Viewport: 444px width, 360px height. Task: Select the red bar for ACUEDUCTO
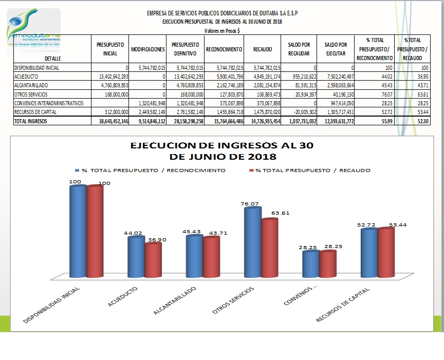click(153, 259)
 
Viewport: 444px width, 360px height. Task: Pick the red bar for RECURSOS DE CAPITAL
click(386, 252)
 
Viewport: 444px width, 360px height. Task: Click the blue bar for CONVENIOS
click(310, 263)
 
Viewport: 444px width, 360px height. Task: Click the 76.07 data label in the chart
click(250, 204)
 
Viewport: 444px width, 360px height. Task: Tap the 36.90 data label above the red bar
click(157, 239)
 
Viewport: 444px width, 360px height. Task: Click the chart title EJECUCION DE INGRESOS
click(221, 150)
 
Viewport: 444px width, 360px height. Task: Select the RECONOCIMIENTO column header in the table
click(224, 49)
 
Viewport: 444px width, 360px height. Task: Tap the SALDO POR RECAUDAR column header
click(299, 49)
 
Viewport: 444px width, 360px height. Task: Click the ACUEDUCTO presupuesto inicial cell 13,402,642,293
click(109, 77)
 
